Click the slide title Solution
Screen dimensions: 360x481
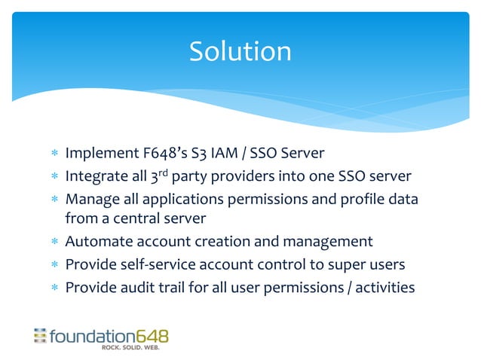[240, 51]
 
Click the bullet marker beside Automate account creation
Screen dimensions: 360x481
[54, 243]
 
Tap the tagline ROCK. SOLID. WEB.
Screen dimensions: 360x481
[136, 348]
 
